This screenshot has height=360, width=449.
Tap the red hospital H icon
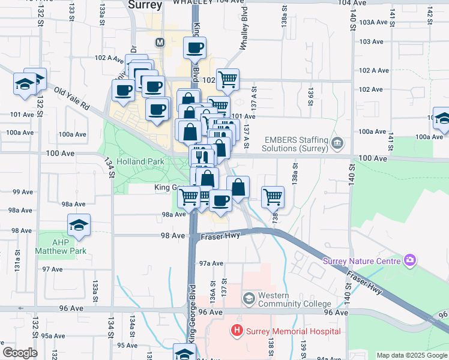(x=237, y=331)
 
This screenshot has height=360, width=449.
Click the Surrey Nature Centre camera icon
(x=410, y=260)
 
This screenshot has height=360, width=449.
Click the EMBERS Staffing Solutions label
(x=297, y=144)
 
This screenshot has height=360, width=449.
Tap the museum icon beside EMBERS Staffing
(x=337, y=144)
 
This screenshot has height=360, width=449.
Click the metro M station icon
(x=160, y=43)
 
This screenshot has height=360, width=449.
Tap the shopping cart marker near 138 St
(x=273, y=196)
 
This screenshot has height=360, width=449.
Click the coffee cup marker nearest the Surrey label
(x=194, y=48)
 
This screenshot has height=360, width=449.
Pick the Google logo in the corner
(x=20, y=353)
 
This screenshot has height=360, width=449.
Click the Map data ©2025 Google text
(x=411, y=355)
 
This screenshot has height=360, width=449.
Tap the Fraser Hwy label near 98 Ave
(x=220, y=236)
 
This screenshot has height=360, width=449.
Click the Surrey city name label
(x=145, y=5)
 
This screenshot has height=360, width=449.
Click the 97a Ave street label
(x=211, y=263)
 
